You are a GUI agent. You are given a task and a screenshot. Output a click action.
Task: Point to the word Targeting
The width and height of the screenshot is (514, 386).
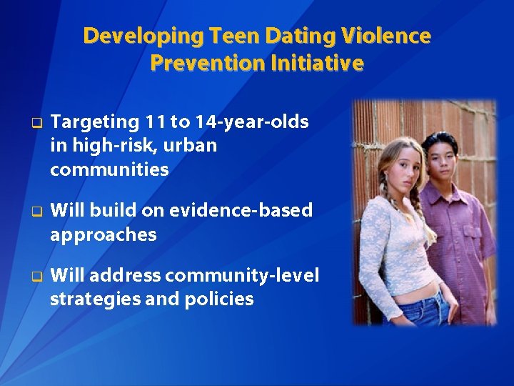[96, 122]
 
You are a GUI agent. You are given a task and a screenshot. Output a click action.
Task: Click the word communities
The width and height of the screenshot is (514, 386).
[109, 169]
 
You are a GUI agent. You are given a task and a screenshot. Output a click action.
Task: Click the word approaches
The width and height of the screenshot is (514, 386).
[104, 234]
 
